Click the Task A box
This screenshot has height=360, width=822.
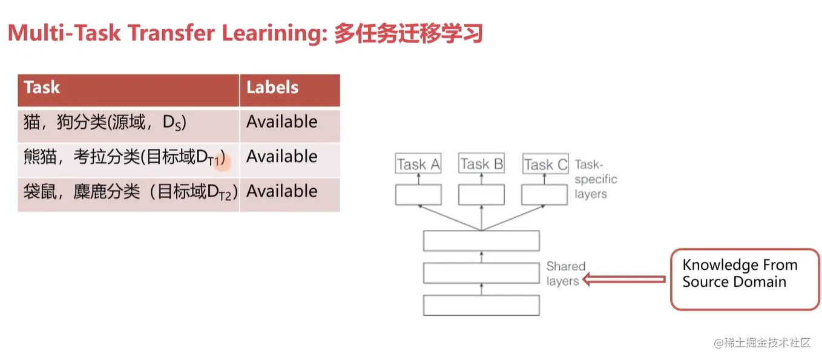tap(418, 163)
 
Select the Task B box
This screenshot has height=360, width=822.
tap(481, 163)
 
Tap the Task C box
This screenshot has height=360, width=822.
tap(545, 164)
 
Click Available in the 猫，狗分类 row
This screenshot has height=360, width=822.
tap(282, 122)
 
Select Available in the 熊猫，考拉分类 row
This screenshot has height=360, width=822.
tap(282, 157)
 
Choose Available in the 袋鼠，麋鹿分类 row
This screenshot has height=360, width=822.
tap(282, 191)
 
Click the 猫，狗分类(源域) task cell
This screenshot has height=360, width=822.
tap(128, 125)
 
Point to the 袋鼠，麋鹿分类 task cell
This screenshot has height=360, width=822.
tap(128, 195)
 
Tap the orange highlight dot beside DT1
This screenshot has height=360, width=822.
tap(222, 162)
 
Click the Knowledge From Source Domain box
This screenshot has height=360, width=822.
tap(745, 280)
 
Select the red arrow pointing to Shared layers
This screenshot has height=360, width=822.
tap(624, 280)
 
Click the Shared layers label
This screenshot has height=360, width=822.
tap(565, 273)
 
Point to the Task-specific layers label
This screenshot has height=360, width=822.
tap(596, 179)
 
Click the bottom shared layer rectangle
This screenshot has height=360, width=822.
tap(481, 305)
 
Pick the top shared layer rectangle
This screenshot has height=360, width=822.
tap(481, 241)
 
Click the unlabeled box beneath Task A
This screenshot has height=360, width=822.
tap(418, 194)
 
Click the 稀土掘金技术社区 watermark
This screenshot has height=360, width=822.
tap(762, 342)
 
